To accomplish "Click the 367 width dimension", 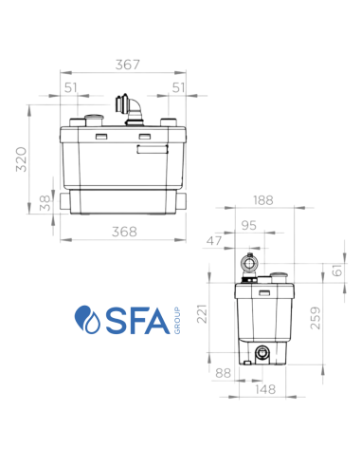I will point(127,65).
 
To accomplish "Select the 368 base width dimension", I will point(125,231).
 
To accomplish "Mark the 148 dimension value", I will point(267,389).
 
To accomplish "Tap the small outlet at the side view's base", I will point(259,354).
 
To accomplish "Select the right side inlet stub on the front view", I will point(189,200).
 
